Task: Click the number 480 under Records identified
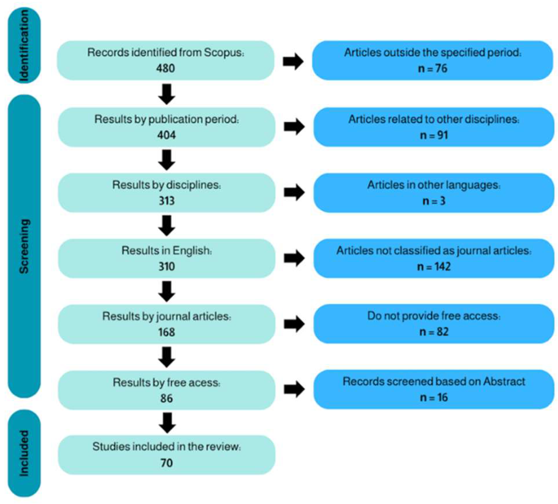[x=165, y=68]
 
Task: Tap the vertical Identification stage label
[x=24, y=45]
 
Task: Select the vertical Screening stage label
[x=24, y=246]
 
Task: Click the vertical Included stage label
[x=24, y=453]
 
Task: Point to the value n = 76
[x=433, y=69]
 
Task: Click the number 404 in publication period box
[x=166, y=135]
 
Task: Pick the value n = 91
[x=434, y=135]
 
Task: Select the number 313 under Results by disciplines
[x=166, y=201]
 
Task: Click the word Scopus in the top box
[x=224, y=52]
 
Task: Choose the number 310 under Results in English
[x=166, y=266]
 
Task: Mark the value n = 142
[x=434, y=267]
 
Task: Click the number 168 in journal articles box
[x=166, y=332]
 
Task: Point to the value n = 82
[x=434, y=332]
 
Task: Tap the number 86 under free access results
[x=166, y=398]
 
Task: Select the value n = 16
[x=434, y=398]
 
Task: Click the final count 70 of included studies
[x=166, y=463]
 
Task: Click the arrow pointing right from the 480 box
[x=293, y=61]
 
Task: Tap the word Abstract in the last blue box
[x=504, y=382]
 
